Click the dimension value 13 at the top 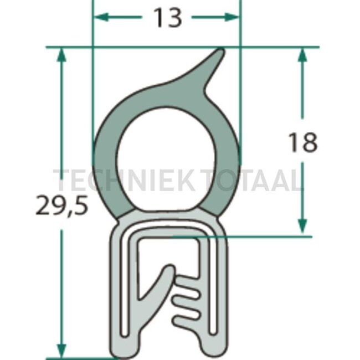coord(167,18)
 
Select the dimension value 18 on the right coord(302,143)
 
